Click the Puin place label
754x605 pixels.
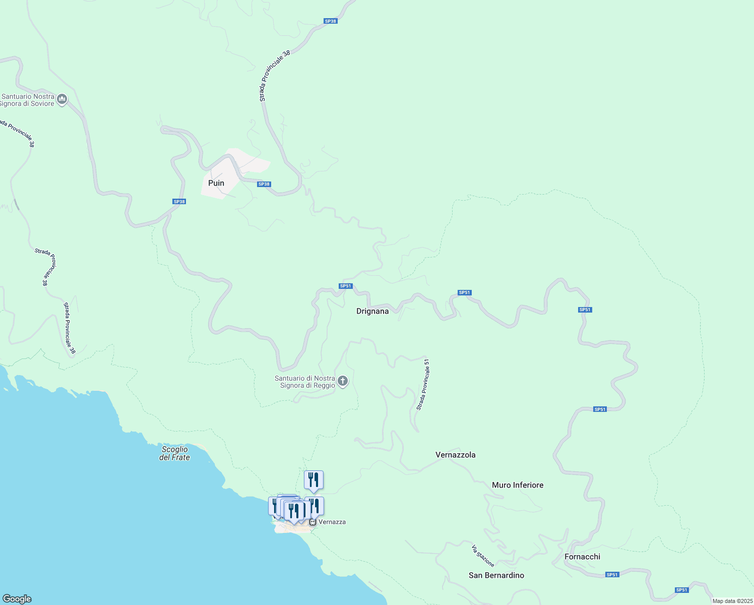216,183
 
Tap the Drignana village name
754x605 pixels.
372,312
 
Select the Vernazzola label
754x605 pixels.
455,455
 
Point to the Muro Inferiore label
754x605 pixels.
518,485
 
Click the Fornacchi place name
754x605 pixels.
582,557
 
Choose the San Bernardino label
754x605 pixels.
496,575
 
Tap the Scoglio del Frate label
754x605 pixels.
174,453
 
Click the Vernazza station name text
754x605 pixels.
332,522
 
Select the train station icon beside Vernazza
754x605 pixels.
312,522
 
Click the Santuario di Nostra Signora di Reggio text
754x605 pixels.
305,382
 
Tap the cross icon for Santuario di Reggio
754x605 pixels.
343,381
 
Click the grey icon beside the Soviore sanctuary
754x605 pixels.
62,99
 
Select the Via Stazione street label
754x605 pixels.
482,556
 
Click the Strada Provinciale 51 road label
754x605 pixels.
423,384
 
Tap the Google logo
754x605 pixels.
17,599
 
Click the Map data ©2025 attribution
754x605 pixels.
732,601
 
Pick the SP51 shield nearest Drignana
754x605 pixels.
345,286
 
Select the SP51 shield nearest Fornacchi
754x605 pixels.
612,575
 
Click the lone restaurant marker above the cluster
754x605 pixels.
313,480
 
